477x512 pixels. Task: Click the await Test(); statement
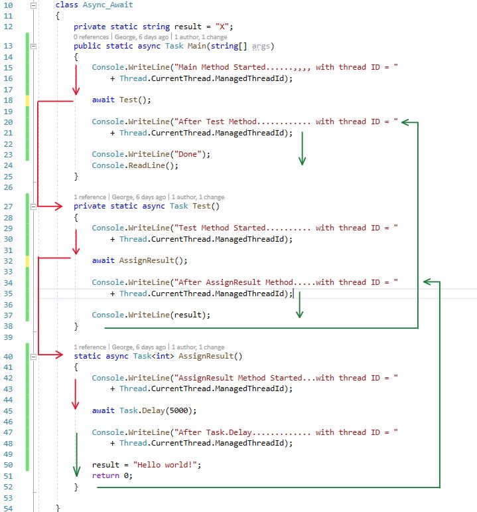[x=121, y=100]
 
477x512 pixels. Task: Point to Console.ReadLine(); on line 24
[x=135, y=165]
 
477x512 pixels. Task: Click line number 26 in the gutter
[x=9, y=187]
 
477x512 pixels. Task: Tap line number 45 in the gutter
[x=9, y=410]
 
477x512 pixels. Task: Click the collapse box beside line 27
[x=33, y=207]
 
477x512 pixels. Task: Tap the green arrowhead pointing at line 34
[x=428, y=282]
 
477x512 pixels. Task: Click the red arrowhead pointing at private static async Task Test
[x=64, y=207]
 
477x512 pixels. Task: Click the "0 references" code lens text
[x=92, y=37]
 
